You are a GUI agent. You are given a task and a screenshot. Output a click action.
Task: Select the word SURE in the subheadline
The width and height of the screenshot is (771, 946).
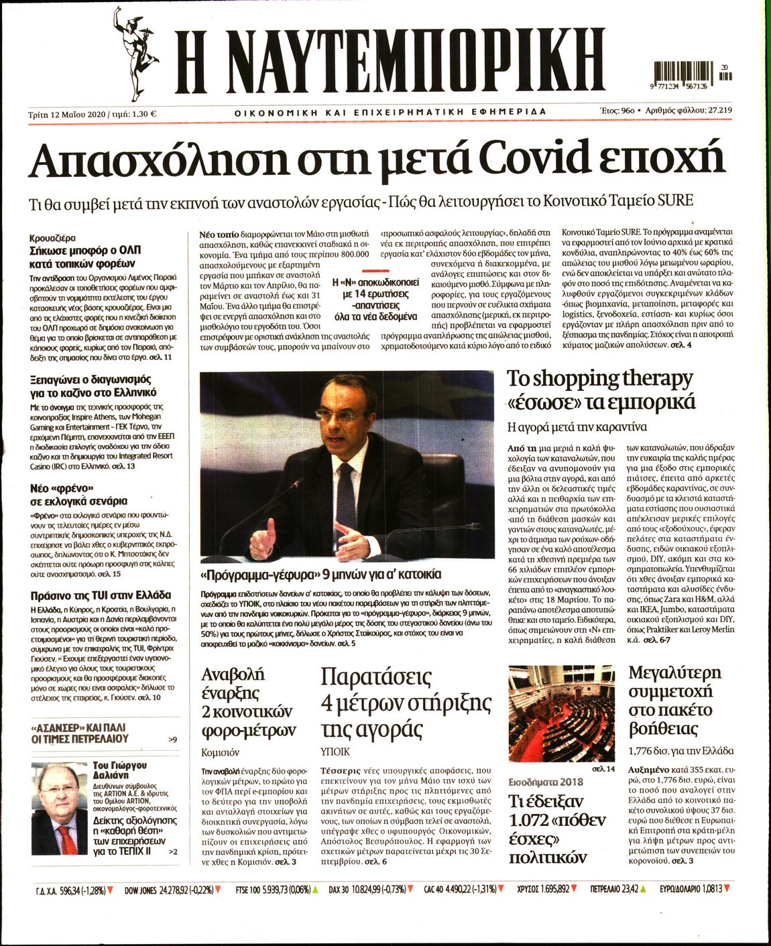point(674,200)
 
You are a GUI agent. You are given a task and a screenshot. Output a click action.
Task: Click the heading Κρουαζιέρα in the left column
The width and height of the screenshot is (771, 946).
point(52,238)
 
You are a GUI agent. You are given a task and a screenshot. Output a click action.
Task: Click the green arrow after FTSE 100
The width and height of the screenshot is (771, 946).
point(315,890)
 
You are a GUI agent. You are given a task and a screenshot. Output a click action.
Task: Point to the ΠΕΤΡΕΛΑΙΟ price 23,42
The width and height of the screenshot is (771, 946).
point(627,890)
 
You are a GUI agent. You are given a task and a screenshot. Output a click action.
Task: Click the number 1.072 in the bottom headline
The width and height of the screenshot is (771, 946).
point(532,821)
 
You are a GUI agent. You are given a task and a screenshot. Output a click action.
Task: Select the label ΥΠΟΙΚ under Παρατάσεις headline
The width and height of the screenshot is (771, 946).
point(335,752)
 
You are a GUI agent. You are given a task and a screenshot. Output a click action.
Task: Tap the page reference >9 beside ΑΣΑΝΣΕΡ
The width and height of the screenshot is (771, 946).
point(173,740)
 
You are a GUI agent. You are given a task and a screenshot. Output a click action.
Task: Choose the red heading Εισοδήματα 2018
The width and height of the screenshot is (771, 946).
point(546,782)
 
